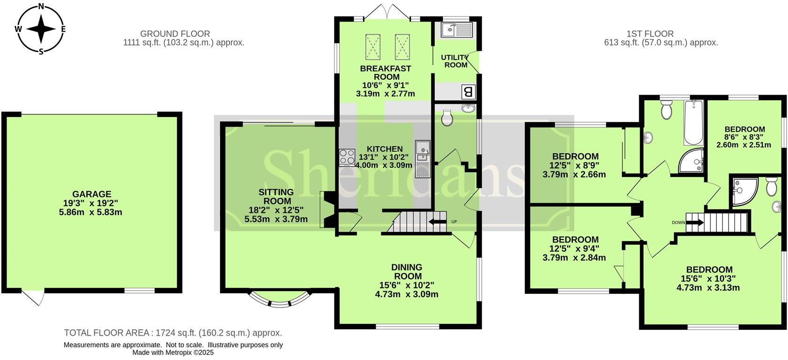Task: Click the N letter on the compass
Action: point(41,7)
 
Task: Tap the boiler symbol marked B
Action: point(468,92)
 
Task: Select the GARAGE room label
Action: point(91,194)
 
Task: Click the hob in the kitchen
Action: point(347,157)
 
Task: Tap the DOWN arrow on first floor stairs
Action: point(694,222)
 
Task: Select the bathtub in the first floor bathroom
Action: point(693,122)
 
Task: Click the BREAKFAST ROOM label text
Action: point(386,72)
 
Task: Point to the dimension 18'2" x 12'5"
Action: point(276,210)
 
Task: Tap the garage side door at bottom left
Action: point(33,298)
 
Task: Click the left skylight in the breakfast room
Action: point(374,46)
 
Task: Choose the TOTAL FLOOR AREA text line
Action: point(173,333)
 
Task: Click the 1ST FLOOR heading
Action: point(650,34)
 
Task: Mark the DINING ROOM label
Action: point(407,271)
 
